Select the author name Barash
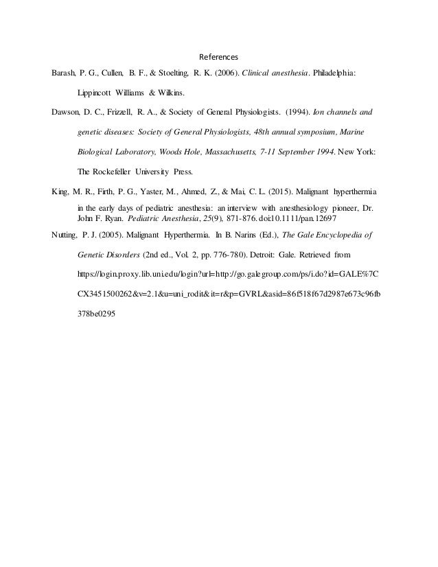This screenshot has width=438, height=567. point(65,73)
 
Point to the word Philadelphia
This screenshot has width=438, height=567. point(335,73)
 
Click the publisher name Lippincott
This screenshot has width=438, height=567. point(96,91)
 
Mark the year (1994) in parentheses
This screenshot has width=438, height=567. point(288,111)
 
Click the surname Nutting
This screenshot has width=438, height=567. point(68,235)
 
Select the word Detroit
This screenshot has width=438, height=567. point(264,255)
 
